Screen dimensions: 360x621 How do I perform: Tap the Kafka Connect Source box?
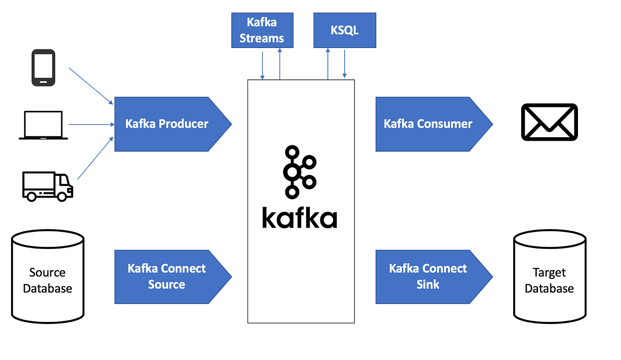click(x=166, y=277)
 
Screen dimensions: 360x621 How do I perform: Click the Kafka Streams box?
click(x=262, y=30)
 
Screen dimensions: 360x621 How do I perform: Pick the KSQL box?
click(x=345, y=30)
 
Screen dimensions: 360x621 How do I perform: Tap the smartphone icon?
click(x=43, y=67)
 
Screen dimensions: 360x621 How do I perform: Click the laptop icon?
click(x=43, y=125)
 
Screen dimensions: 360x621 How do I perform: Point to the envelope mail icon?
click(x=549, y=122)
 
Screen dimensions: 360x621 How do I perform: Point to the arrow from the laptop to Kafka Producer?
click(x=91, y=125)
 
